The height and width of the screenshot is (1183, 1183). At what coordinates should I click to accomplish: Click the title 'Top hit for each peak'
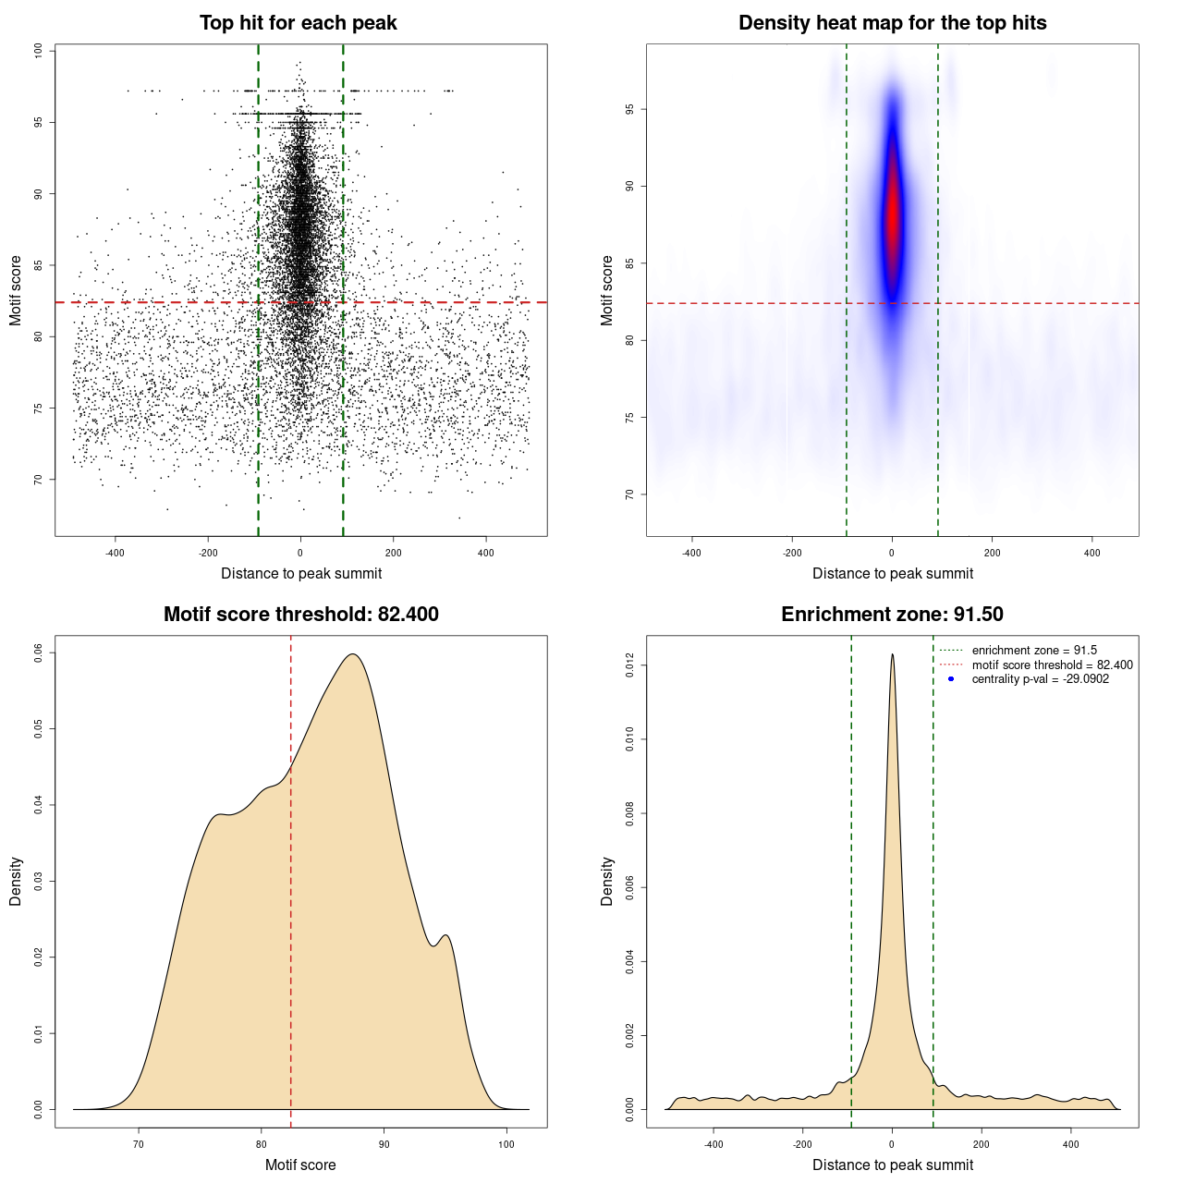(x=298, y=23)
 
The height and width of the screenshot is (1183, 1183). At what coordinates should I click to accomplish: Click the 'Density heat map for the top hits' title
(x=892, y=23)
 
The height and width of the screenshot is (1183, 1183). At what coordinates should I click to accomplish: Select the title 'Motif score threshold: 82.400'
(x=300, y=615)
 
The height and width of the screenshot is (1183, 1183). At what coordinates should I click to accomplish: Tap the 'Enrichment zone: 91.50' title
(x=892, y=615)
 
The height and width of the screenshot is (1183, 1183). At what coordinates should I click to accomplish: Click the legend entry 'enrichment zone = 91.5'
(x=1034, y=651)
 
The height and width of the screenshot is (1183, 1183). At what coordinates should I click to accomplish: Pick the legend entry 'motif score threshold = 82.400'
(x=1052, y=665)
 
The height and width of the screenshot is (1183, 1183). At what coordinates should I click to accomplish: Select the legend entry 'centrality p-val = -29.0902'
(x=1040, y=679)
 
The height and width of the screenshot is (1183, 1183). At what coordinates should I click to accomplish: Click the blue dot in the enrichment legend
(x=951, y=679)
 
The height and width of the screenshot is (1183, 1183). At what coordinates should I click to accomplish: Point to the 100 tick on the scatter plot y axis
(x=38, y=51)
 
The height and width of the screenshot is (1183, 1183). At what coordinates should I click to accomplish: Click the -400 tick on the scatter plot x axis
(x=115, y=553)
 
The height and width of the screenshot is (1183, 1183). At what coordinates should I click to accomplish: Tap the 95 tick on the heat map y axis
(x=629, y=109)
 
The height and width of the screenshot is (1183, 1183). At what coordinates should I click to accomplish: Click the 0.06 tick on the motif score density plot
(x=38, y=652)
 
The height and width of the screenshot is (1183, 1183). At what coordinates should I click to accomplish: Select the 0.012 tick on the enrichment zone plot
(x=629, y=665)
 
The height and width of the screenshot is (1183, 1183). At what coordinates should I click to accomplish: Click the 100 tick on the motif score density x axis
(x=506, y=1144)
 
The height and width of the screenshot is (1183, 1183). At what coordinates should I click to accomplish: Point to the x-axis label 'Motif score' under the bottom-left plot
(x=300, y=1165)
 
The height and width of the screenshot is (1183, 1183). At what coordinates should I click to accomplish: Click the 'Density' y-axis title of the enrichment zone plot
(x=607, y=881)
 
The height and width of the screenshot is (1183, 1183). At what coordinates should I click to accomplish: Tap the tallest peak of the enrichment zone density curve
(x=892, y=655)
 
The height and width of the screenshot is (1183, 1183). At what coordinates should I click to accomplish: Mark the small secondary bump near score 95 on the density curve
(x=446, y=936)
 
